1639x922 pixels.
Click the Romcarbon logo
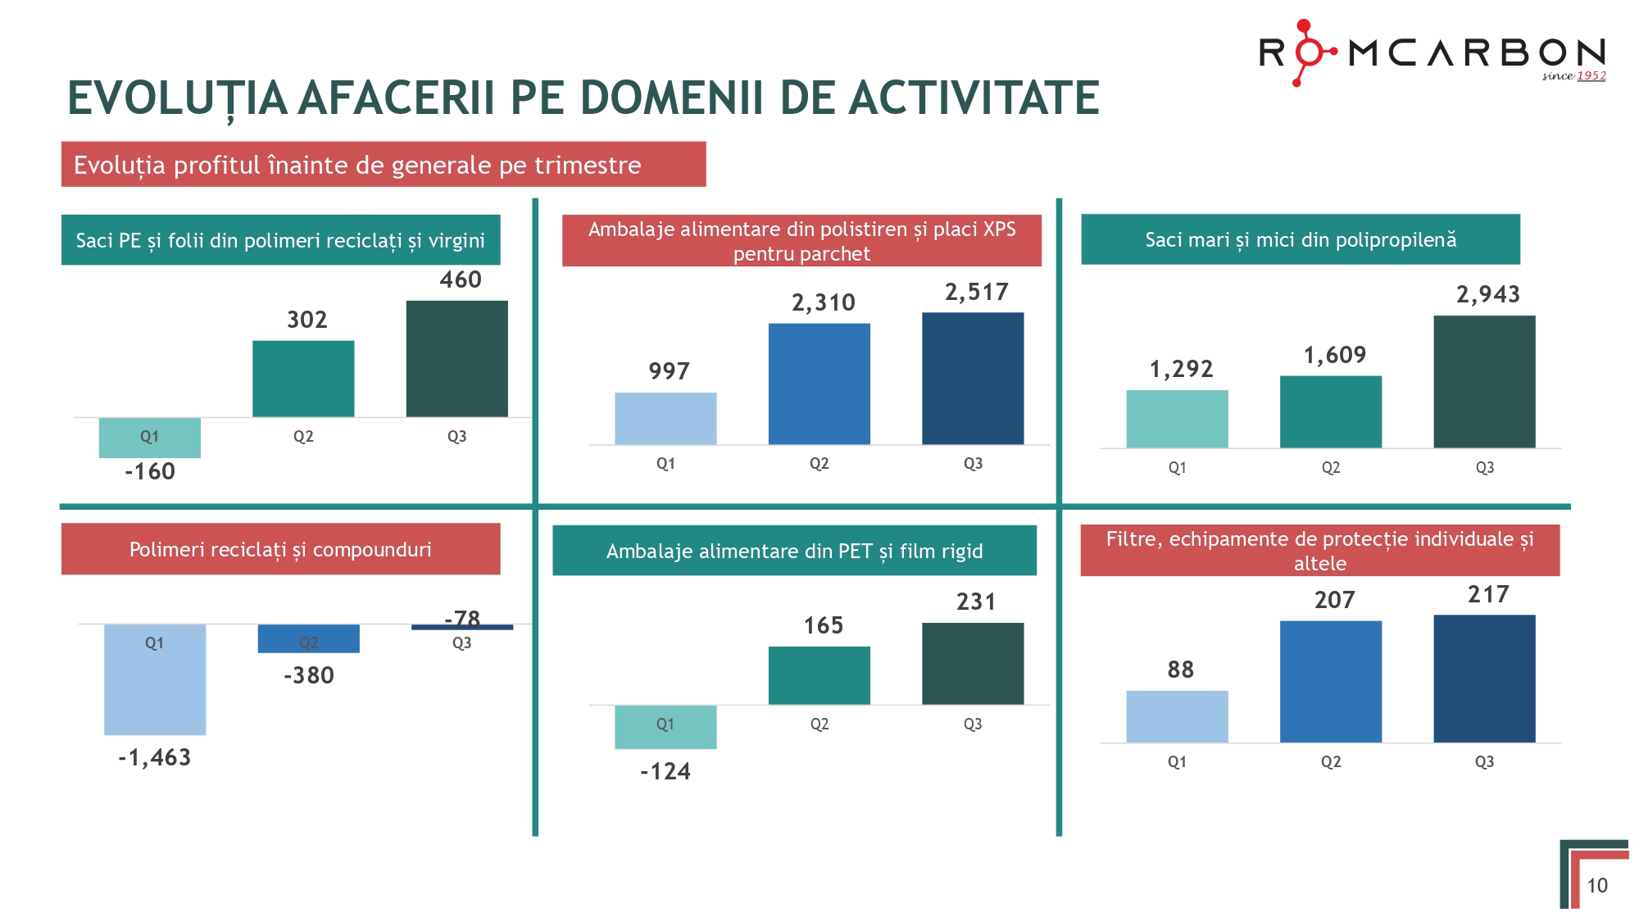coord(1431,53)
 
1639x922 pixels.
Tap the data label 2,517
coord(976,292)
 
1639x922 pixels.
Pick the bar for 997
coord(665,419)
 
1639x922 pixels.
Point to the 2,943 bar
coord(1484,382)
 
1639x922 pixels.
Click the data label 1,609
coord(1335,355)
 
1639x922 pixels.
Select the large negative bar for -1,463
coord(154,680)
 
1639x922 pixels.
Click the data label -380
coord(308,675)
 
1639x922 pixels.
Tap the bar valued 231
coord(973,664)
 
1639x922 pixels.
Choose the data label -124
coord(665,771)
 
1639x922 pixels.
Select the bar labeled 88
coord(1177,717)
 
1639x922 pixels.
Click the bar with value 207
coord(1331,682)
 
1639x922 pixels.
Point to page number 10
coord(1596,885)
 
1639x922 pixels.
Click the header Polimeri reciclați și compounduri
coord(280,549)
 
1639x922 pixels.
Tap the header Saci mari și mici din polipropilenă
coord(1301,239)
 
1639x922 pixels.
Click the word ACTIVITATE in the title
coord(974,98)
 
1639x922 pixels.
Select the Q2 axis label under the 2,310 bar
coord(819,464)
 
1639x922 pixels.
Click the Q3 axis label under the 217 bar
coord(1484,761)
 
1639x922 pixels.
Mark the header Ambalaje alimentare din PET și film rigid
coord(794,551)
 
